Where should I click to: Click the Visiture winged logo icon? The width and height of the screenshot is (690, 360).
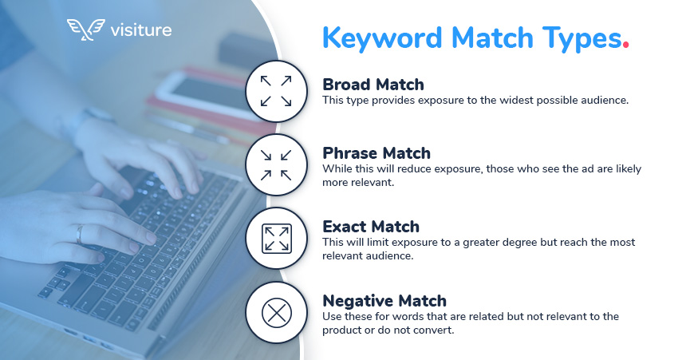coord(86,30)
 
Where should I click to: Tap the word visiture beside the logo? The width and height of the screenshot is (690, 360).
coord(141,30)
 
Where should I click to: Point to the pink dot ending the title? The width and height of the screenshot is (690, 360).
coord(625,45)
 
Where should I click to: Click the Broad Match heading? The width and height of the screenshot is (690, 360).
coord(373,84)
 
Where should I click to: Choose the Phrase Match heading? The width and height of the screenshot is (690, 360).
coord(377,152)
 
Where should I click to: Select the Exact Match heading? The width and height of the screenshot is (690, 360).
coord(371,226)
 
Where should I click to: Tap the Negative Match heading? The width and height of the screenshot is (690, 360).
coord(384,301)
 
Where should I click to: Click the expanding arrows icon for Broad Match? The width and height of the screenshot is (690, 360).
coord(276,91)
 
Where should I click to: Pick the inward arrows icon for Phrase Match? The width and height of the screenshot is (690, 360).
coord(276,165)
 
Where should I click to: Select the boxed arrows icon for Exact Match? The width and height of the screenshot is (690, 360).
coord(276,239)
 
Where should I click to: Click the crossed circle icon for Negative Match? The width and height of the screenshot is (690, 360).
coord(276,313)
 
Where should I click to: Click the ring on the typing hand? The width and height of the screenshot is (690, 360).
coord(79,234)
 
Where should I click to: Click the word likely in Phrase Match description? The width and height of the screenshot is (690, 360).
coord(628,169)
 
